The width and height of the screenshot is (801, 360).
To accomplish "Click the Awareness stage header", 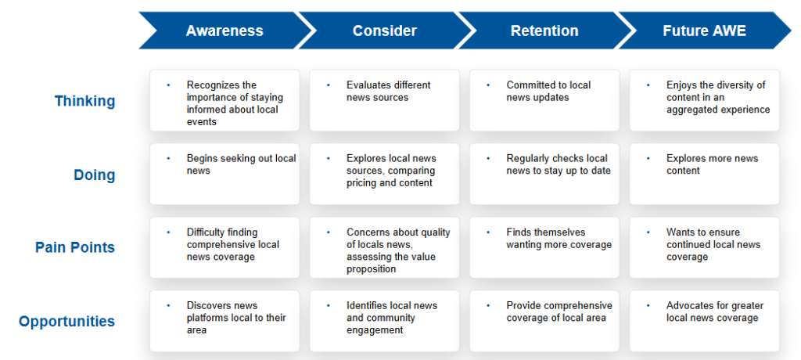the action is point(224,31).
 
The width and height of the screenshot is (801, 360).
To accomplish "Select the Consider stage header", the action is point(385,31).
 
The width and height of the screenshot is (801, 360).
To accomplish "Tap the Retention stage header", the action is point(544,31).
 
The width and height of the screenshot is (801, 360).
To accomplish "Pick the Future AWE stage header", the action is point(705,31).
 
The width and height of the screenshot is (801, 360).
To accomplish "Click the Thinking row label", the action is point(84,101).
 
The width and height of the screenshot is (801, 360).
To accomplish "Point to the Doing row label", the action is point(95,175).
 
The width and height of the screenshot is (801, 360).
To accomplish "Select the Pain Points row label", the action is point(75,247).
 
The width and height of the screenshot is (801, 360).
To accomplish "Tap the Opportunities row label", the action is point(67,322).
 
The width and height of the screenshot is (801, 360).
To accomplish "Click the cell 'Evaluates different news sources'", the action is point(385,100).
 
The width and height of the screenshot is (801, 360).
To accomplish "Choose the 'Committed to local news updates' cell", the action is point(544,100).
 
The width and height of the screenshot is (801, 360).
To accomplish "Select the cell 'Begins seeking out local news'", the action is point(224,174).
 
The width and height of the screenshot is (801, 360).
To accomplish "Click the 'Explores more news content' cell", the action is point(705,174).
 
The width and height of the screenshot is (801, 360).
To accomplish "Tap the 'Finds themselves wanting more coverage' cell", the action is point(544,247).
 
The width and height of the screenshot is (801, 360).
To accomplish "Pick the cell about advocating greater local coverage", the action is point(705,321).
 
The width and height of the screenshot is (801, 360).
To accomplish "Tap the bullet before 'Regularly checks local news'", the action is point(488,159).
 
